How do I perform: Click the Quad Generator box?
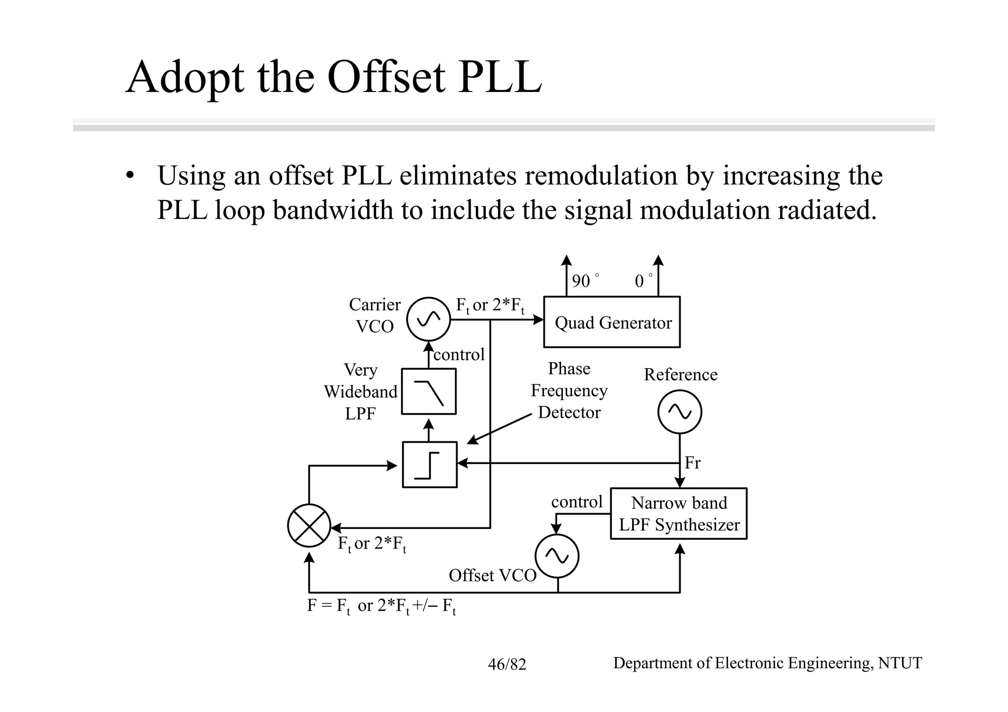(611, 322)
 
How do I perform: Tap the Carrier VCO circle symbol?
(428, 319)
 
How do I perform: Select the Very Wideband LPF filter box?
(429, 391)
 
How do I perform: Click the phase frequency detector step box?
(430, 464)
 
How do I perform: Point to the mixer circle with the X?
(309, 526)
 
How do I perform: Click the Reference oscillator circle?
(680, 412)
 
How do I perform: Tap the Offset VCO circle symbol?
(557, 556)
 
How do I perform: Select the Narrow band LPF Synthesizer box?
(679, 513)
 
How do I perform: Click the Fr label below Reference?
(692, 463)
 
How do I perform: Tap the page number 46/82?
(507, 664)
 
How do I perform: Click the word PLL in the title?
(500, 77)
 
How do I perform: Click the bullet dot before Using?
(129, 176)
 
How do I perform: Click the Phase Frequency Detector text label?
(569, 390)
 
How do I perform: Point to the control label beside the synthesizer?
(577, 501)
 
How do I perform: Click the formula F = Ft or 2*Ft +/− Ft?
(381, 606)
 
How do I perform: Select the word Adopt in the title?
(185, 77)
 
